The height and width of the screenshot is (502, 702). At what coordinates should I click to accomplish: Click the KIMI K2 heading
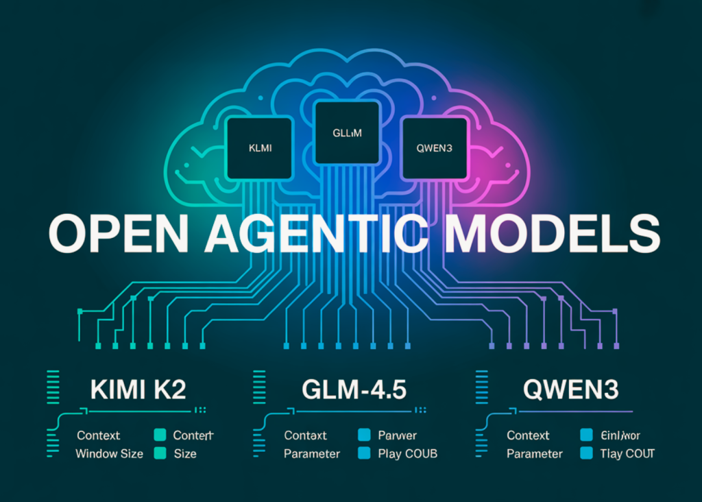point(138,390)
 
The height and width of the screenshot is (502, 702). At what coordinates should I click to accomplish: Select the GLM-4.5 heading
point(354,390)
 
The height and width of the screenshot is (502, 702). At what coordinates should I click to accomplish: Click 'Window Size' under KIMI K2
point(109,453)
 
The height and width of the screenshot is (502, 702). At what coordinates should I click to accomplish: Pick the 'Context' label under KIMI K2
point(98,435)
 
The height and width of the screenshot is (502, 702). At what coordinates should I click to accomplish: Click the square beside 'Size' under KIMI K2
point(160,453)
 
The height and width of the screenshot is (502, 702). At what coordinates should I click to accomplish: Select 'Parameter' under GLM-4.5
point(312,453)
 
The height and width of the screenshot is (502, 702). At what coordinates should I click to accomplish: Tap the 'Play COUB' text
point(407,453)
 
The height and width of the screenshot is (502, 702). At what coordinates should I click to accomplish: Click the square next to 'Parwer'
point(364,435)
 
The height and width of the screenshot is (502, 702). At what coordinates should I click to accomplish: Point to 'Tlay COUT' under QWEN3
point(627,453)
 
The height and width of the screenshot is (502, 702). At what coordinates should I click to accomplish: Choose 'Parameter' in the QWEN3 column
point(534,453)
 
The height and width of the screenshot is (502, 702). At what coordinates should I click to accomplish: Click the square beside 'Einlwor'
point(585,435)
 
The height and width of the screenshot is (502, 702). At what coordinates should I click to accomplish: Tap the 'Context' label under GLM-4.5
point(306,435)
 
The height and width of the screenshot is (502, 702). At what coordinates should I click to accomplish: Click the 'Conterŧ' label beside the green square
point(194,435)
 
